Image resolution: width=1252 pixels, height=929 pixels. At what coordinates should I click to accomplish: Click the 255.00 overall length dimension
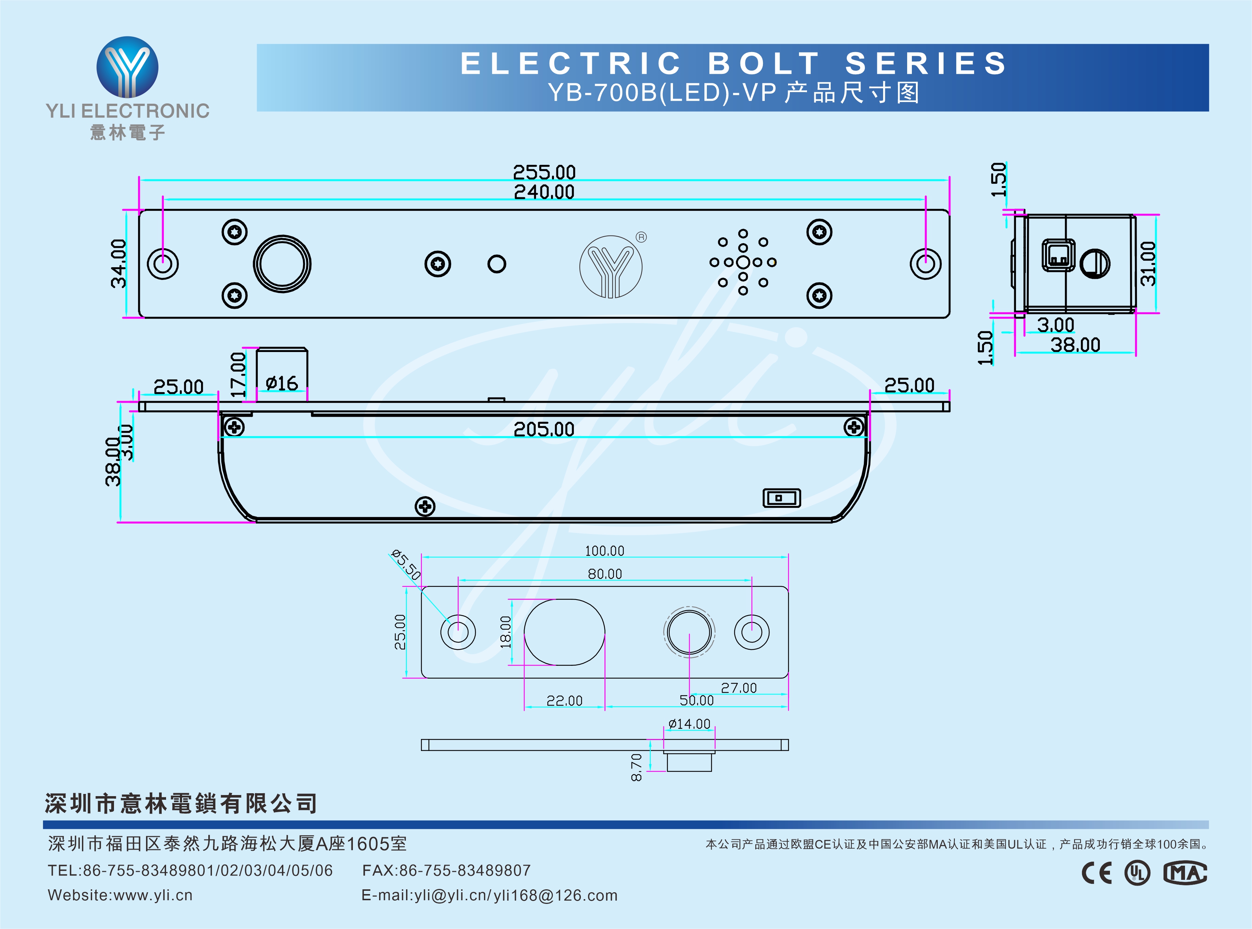(544, 171)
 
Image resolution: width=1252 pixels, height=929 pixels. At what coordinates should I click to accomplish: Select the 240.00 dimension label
(544, 192)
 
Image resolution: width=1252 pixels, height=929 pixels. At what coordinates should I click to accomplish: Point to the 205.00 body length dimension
(544, 429)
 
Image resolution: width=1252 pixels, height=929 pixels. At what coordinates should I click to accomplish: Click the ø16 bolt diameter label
(281, 384)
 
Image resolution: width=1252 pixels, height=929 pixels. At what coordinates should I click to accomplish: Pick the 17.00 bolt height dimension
(239, 375)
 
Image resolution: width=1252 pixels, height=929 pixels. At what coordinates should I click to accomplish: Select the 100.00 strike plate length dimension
(605, 550)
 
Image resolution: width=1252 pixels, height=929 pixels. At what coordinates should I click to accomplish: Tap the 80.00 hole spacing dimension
(605, 574)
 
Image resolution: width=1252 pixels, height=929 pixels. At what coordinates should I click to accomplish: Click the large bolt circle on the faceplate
(282, 264)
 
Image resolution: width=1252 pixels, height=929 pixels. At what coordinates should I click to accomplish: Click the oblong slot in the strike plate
(564, 632)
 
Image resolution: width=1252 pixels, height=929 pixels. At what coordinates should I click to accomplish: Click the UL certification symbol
(1137, 873)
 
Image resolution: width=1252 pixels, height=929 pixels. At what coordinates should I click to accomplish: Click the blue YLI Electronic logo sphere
(128, 67)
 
